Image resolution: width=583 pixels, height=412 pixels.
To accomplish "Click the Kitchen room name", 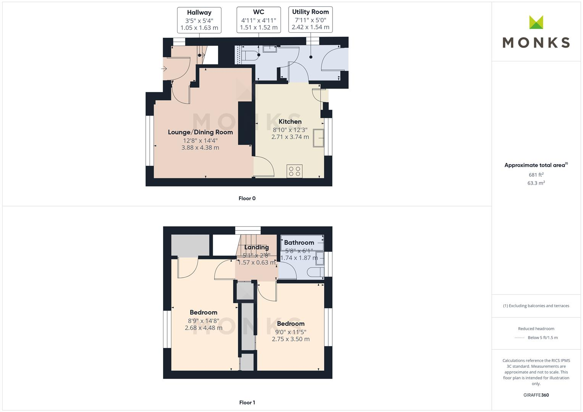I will click(x=290, y=122).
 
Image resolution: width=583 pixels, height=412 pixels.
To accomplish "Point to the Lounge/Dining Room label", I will click(x=200, y=132).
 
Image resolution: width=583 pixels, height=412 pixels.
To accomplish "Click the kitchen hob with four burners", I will click(x=294, y=171).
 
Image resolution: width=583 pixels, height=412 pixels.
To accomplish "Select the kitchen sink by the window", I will click(x=318, y=138).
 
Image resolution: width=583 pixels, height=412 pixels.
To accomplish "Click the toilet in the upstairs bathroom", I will click(x=316, y=272).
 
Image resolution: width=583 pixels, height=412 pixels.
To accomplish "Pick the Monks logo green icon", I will click(x=536, y=23).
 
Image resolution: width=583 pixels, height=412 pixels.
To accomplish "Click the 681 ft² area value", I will click(x=536, y=175).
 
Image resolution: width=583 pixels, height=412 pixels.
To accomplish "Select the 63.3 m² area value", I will click(x=536, y=183).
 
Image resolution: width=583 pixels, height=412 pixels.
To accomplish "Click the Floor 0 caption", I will click(x=247, y=198).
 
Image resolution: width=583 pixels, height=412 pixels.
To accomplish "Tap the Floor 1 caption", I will click(x=247, y=402).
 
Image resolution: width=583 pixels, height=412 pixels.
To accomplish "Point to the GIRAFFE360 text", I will click(x=536, y=395).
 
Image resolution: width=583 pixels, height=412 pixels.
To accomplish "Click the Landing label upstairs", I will click(x=256, y=248).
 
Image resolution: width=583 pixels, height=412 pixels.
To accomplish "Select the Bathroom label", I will click(x=299, y=243).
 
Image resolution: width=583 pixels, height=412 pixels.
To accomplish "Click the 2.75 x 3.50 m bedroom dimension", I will click(x=291, y=339).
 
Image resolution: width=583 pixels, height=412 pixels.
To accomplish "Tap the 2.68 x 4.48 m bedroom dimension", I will click(x=203, y=328).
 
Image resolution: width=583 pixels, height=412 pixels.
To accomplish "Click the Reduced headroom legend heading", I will click(x=536, y=328).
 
